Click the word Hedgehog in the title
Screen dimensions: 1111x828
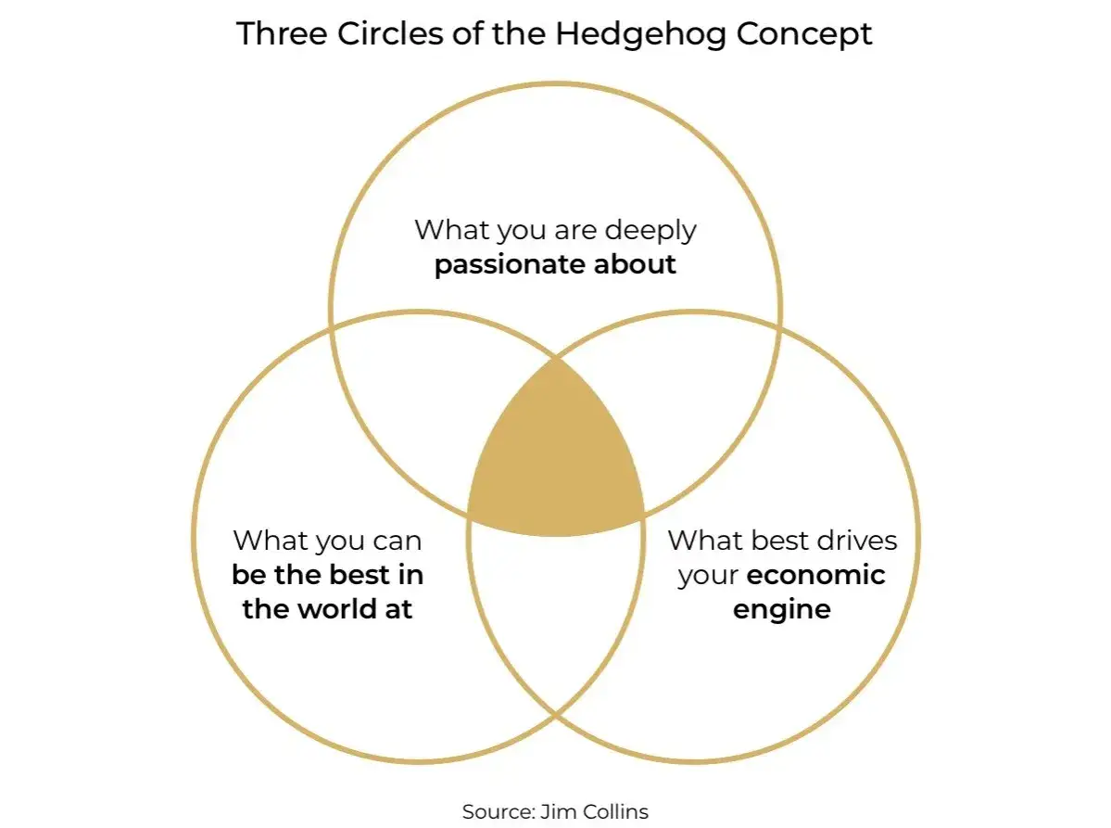640,34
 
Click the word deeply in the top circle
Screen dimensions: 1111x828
650,231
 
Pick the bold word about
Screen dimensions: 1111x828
635,263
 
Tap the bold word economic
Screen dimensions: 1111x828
815,574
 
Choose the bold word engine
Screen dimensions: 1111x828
781,610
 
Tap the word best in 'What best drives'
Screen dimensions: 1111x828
769,541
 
